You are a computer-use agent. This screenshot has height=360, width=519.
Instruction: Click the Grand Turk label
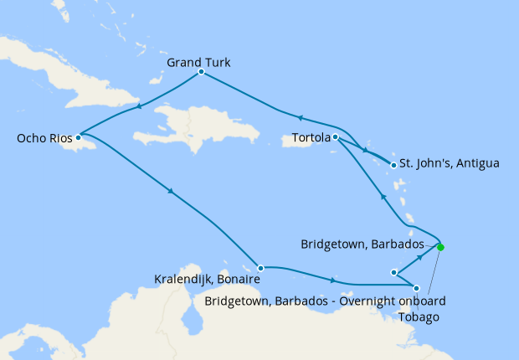click(x=198, y=62)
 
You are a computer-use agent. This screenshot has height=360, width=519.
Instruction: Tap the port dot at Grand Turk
click(x=202, y=72)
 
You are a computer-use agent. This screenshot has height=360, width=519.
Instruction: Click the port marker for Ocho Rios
click(x=77, y=136)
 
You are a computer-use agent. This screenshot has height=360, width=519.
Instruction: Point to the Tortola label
click(x=312, y=136)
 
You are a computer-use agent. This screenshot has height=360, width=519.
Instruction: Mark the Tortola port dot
click(x=335, y=136)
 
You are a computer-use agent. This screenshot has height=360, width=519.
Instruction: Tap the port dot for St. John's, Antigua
click(x=393, y=165)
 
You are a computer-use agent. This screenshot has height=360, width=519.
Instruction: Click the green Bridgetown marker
click(x=440, y=247)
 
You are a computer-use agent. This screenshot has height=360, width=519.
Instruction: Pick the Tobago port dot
click(x=417, y=288)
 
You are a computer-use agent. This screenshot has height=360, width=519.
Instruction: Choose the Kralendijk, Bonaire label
click(x=208, y=279)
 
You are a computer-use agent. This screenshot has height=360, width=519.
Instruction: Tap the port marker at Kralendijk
click(x=260, y=268)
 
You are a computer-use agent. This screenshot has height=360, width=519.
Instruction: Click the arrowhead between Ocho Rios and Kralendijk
click(x=171, y=192)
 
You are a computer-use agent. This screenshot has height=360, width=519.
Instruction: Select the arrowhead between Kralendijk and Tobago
click(x=335, y=280)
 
